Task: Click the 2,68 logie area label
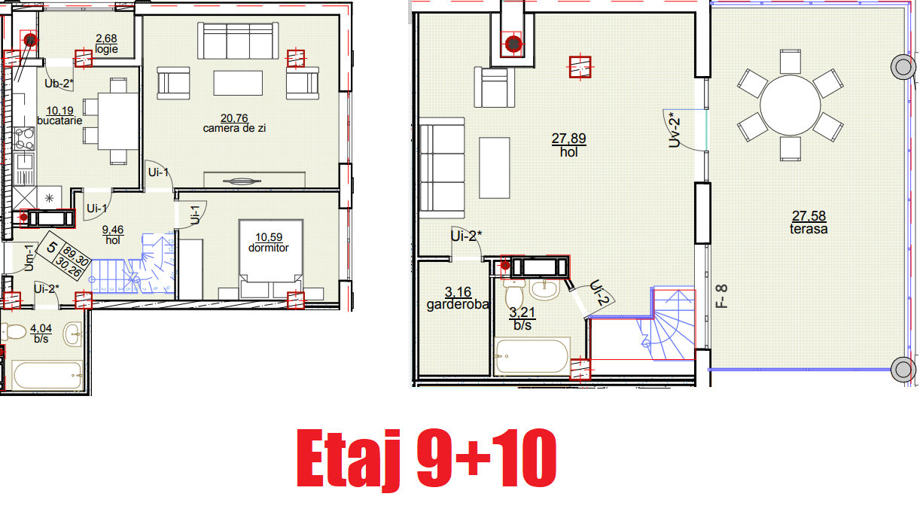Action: pos(106,44)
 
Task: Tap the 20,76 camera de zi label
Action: pos(234,123)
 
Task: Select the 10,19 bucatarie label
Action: pos(59,116)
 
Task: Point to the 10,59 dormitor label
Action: pos(269,242)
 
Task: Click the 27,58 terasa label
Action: pos(809,222)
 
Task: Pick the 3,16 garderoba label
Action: pos(458,299)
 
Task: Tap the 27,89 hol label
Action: pos(569,145)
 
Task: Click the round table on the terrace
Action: pos(790,105)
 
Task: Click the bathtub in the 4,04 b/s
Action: pos(47,375)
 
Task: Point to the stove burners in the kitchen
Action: pos(24,139)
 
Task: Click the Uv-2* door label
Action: pos(675,130)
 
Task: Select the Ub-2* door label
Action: pos(59,84)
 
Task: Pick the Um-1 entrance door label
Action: pos(29,258)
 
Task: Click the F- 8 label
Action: pos(722,296)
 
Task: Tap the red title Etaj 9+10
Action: pos(426,459)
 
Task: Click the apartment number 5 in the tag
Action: pos(52,248)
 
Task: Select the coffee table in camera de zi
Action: pos(238,83)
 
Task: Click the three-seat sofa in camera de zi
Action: pos(238,41)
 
